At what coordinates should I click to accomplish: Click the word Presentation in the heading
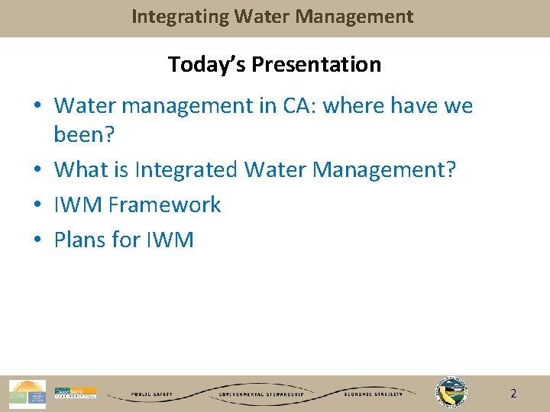[x=316, y=65]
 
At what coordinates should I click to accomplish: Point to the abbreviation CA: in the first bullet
[x=299, y=106]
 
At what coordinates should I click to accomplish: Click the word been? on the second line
[x=84, y=135]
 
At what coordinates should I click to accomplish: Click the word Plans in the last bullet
[x=80, y=240]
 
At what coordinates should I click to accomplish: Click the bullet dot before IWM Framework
[x=38, y=204]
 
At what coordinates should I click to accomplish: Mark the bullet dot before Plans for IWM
[x=38, y=240]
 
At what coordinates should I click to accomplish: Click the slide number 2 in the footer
[x=513, y=394]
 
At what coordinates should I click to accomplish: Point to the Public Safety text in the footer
[x=151, y=394]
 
